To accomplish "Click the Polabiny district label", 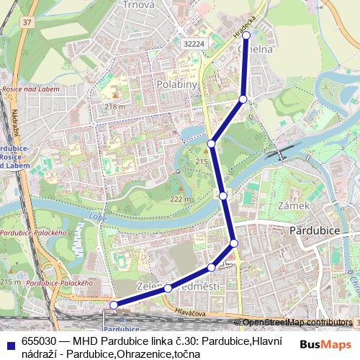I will [x=173, y=84].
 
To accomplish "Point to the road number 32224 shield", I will [x=193, y=43].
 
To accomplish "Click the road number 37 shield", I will [x=27, y=22].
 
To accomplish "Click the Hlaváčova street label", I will [x=191, y=314].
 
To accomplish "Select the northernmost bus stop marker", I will [x=246, y=35].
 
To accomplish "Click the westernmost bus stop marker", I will [x=113, y=305].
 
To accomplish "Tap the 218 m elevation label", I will [x=114, y=107].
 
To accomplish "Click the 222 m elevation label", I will [x=180, y=199].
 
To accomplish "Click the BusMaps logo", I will [x=326, y=344].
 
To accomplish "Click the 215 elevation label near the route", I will [x=202, y=162].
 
